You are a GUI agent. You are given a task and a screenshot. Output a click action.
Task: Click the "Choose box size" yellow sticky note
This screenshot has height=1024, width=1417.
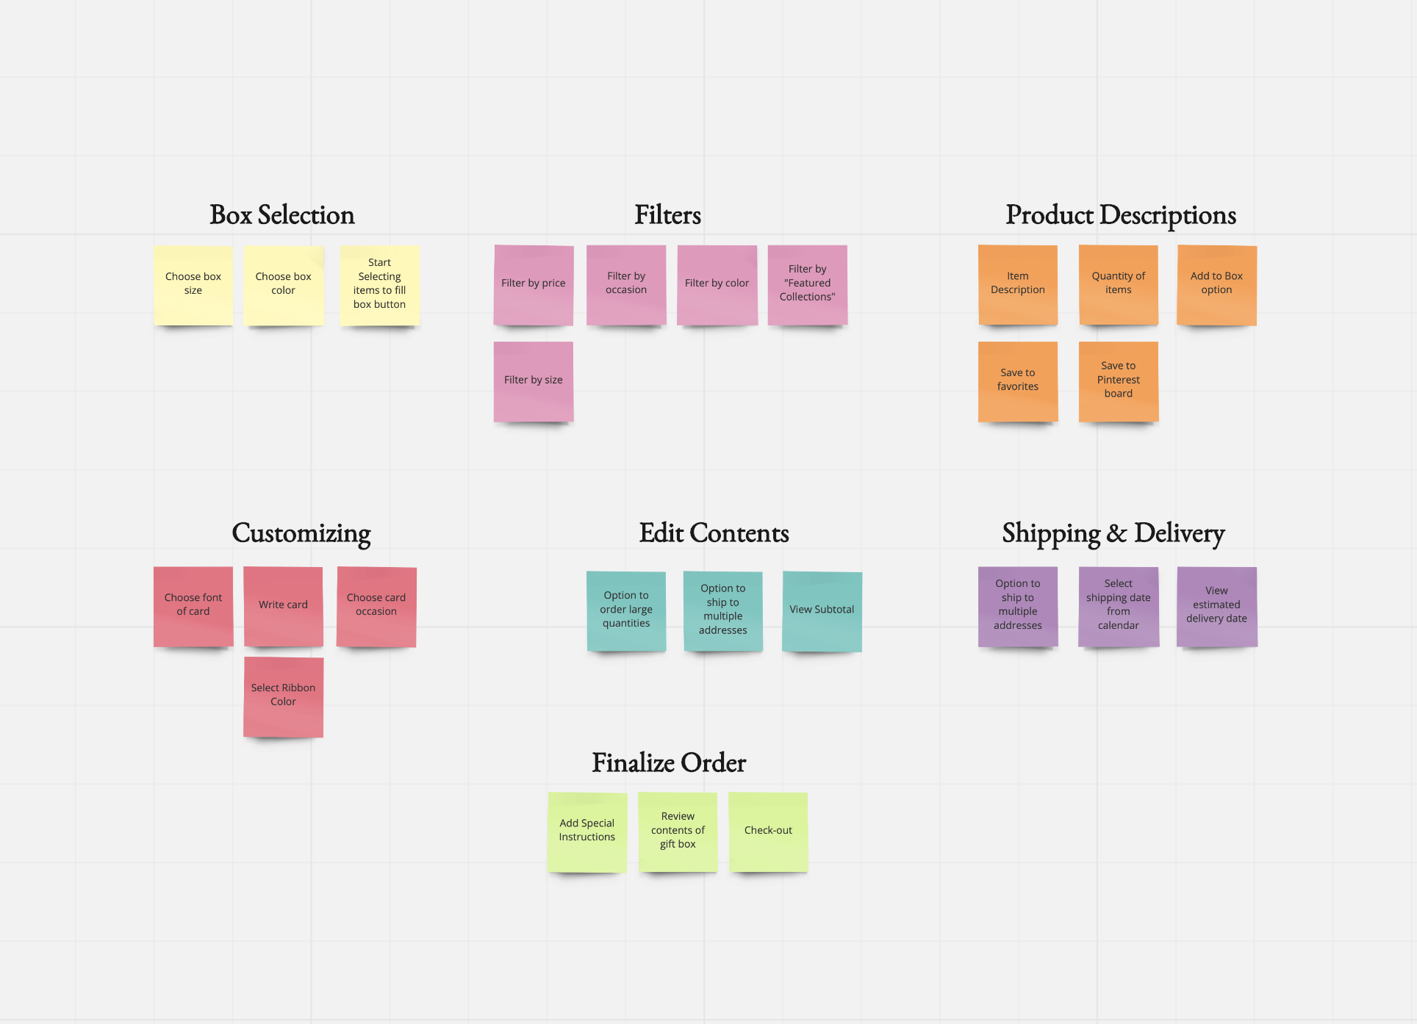[x=193, y=284]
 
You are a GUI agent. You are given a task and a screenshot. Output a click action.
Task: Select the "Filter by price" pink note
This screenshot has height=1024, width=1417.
[x=534, y=284]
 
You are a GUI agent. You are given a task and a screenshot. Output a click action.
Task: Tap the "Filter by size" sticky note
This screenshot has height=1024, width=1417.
[x=534, y=381]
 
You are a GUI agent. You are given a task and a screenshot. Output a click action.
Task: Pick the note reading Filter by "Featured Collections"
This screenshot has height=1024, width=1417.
[x=807, y=284]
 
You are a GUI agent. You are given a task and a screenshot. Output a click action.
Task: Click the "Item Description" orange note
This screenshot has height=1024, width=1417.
[x=1018, y=284]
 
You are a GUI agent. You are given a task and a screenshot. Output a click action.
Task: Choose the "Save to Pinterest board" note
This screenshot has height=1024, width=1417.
[x=1118, y=381]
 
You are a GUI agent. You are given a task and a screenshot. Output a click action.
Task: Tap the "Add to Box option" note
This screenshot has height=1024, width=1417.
[x=1216, y=284]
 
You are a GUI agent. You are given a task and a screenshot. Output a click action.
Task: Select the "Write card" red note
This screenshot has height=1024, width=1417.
[x=283, y=606]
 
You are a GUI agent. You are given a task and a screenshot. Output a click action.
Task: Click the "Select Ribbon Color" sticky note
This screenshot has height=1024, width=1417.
[x=283, y=696]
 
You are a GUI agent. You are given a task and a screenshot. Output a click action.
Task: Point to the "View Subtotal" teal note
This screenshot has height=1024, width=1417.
[x=822, y=610]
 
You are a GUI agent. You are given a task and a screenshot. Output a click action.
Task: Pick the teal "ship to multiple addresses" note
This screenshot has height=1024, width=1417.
[x=723, y=610]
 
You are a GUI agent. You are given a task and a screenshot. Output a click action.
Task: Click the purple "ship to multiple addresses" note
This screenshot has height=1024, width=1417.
[x=1018, y=606]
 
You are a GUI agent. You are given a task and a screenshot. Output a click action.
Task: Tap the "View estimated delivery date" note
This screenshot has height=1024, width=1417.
[x=1216, y=606]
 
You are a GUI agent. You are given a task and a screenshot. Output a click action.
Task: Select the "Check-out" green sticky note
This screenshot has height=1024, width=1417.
[x=768, y=832]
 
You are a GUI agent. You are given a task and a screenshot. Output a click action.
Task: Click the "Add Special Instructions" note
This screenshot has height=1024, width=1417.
[x=587, y=832]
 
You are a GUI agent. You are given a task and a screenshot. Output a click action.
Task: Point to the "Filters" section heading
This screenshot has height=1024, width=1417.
[x=667, y=215]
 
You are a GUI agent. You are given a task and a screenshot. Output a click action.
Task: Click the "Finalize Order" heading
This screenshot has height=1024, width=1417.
[x=669, y=763]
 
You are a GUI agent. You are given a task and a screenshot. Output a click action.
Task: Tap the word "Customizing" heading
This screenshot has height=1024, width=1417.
[x=301, y=533]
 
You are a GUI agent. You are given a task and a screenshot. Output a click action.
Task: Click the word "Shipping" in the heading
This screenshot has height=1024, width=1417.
[x=1050, y=533]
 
